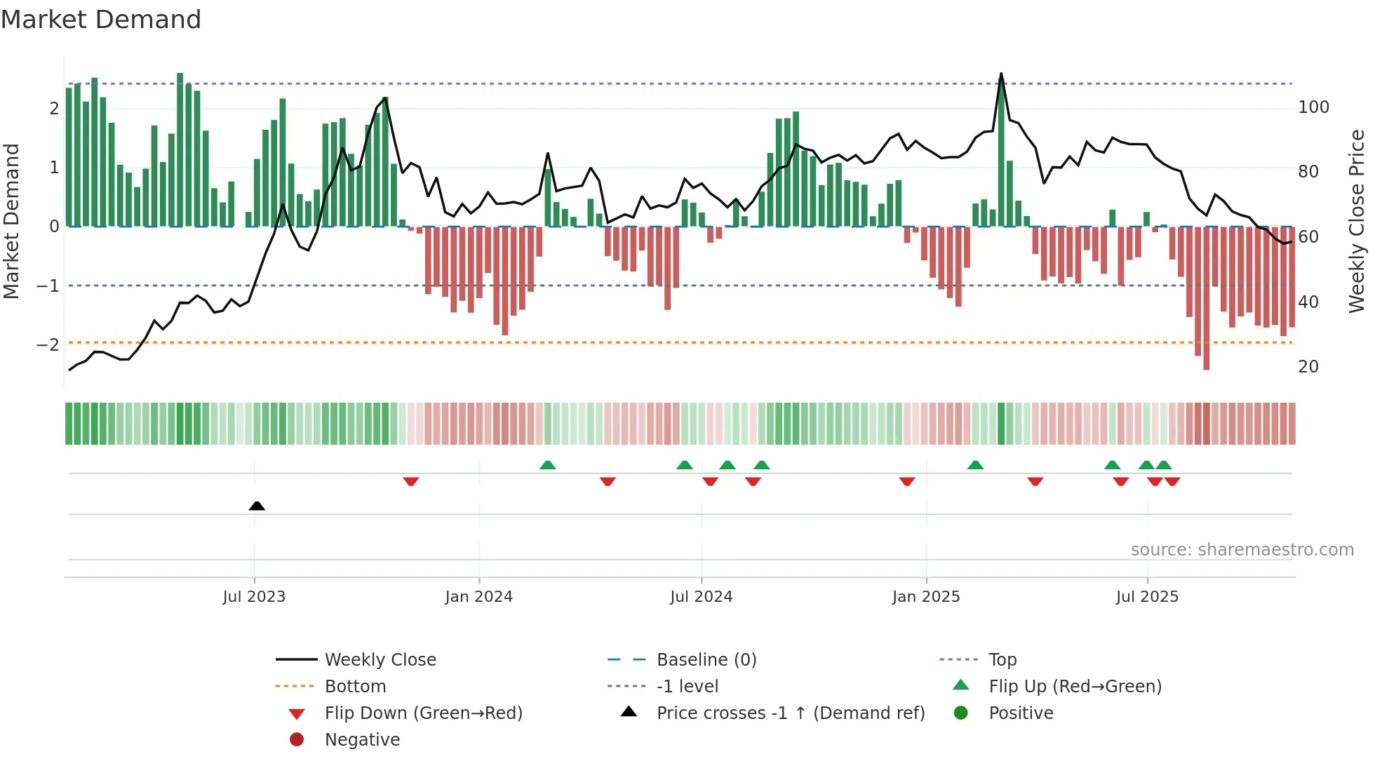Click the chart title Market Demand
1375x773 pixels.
click(101, 20)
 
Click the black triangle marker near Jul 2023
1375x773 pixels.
click(257, 506)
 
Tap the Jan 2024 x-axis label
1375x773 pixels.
click(478, 597)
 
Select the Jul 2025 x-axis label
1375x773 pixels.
click(1147, 597)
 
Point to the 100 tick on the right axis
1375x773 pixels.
click(1313, 107)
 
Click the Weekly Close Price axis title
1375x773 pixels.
click(1357, 221)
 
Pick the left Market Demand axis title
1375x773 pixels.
click(11, 221)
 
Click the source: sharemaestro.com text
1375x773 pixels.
click(1242, 550)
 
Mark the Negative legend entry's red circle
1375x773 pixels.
click(297, 740)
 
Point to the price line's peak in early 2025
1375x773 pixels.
click(1001, 74)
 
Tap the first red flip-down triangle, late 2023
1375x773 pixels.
click(411, 481)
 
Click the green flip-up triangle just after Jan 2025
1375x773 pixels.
click(975, 465)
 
